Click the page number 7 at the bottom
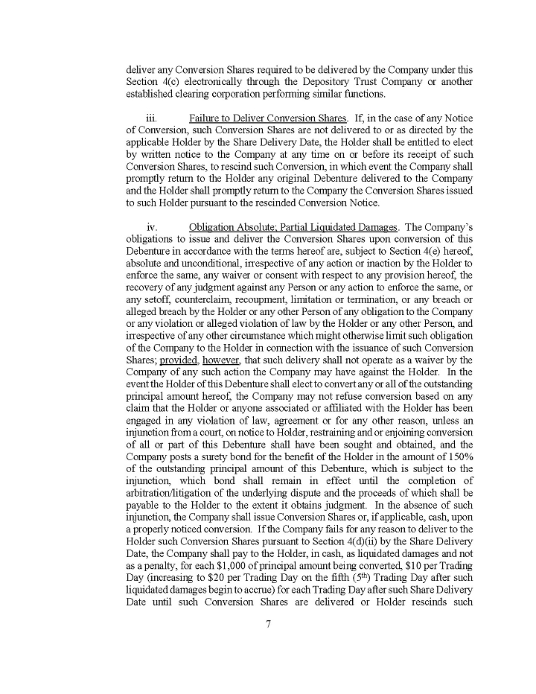(268, 624)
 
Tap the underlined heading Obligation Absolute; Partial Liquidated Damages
(293, 226)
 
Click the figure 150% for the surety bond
(457, 456)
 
